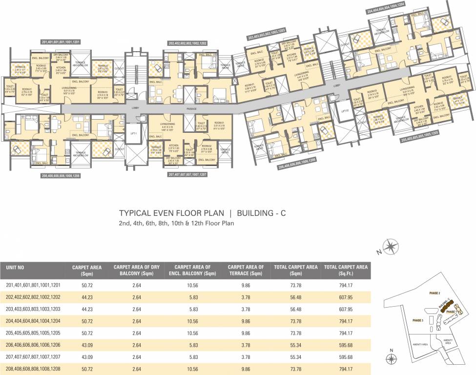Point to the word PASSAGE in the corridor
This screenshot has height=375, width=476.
click(x=191, y=109)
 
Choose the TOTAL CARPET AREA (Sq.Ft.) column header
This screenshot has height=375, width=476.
click(x=346, y=271)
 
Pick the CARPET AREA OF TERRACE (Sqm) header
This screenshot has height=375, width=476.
click(x=246, y=271)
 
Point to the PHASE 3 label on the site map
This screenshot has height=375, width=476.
click(x=418, y=321)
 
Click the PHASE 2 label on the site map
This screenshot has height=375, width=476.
click(x=435, y=293)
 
